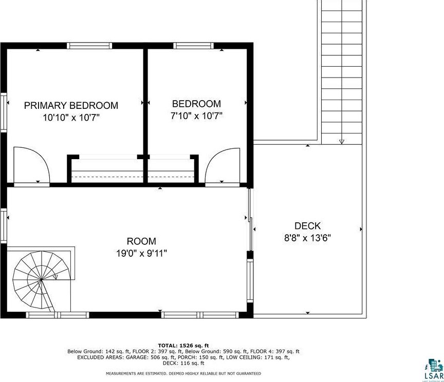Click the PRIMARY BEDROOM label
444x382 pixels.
coord(71,106)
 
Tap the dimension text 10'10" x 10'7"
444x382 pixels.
coord(71,118)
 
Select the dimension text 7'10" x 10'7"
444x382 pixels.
coord(196,116)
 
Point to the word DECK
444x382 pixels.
coord(307,226)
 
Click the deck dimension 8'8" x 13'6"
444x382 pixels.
coord(307,238)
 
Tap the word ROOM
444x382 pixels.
coord(141,241)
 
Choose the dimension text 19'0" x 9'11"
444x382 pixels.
coord(141,253)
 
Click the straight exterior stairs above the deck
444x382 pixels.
coord(341,67)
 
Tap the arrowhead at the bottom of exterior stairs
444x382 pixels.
coord(341,141)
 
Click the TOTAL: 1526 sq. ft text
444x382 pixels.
coord(183,346)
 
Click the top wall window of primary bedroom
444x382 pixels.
coord(90,46)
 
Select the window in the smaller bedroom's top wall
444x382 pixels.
coord(194,46)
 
